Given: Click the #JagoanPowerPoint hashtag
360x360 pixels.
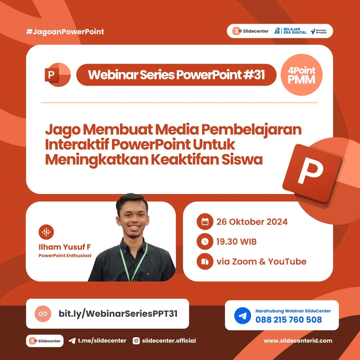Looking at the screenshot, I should coord(65,32).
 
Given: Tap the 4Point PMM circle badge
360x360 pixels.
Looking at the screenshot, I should coord(302,75).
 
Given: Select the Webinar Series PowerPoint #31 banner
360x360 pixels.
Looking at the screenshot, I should coord(176,75).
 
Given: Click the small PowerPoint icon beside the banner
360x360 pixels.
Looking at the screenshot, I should coord(57,75).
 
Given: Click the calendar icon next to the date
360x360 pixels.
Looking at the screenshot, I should coord(205,222).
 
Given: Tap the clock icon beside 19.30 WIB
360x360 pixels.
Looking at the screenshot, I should coord(205,242).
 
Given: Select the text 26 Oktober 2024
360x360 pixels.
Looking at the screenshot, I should coord(252,222).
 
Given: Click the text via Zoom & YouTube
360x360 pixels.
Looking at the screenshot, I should coord(261,262).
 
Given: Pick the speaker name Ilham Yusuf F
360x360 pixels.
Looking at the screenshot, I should coord(65,247).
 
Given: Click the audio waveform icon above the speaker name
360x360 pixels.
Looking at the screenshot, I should coord(46,232).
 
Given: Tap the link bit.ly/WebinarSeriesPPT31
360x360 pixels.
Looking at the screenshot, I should coord(118,314).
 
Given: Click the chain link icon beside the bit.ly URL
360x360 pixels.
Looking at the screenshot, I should coord(43,314).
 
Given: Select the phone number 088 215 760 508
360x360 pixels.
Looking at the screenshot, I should coord(289,320).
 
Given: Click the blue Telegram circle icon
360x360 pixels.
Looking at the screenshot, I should coord(242,316).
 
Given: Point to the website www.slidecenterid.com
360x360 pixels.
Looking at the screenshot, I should coord(298,341).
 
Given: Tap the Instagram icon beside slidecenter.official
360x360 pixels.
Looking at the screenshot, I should coord(136,341).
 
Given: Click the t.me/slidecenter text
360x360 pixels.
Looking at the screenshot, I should coord(102,341).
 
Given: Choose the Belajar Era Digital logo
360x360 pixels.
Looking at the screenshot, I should coord(290,31).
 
